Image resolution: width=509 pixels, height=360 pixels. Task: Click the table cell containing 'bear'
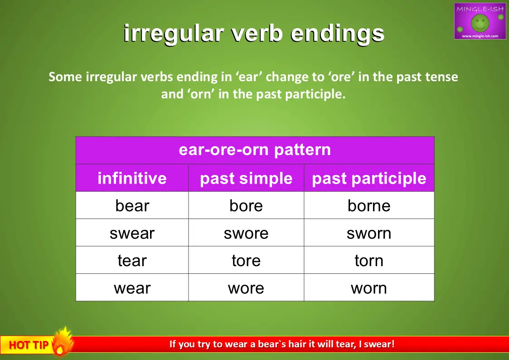click(x=132, y=205)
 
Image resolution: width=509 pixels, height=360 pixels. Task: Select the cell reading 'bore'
click(x=246, y=205)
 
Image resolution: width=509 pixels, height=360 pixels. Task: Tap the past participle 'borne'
click(x=369, y=205)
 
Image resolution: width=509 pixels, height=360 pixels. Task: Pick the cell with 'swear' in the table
click(x=132, y=233)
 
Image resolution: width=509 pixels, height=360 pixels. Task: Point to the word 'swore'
click(x=246, y=234)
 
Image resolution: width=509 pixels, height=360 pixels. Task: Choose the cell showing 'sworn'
click(x=369, y=233)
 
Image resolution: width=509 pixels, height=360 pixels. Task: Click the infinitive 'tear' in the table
click(x=132, y=260)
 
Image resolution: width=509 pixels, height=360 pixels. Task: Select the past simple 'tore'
click(x=246, y=260)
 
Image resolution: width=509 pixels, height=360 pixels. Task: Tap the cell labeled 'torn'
click(x=369, y=260)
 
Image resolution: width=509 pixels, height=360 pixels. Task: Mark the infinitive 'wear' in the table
click(x=132, y=287)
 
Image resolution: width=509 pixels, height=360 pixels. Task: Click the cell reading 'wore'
click(x=246, y=287)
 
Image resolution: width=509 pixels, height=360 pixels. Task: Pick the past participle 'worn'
click(x=369, y=287)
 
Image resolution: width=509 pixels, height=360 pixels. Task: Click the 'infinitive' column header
click(x=132, y=178)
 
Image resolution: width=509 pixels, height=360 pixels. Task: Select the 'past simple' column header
click(x=246, y=178)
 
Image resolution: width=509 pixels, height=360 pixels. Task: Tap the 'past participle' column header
click(x=369, y=178)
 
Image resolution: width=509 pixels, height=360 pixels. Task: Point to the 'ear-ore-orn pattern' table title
click(x=255, y=150)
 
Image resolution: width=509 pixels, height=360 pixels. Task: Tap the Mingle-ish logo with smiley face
click(x=480, y=21)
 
